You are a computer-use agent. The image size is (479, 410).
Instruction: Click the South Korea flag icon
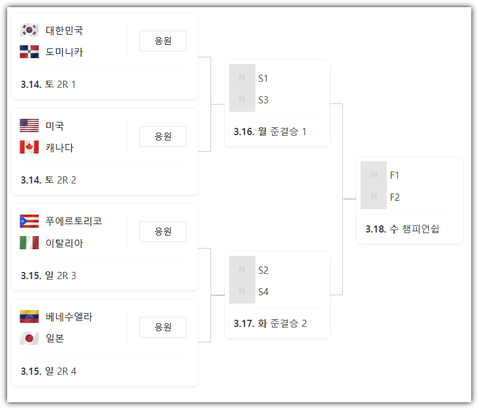pos(29,30)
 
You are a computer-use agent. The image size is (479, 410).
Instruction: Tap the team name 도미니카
pos(64,52)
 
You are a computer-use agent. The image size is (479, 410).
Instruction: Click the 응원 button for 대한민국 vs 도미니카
pos(163,41)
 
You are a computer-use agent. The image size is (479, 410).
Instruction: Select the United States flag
pos(29,126)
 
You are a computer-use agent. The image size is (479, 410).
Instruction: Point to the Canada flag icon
pos(29,147)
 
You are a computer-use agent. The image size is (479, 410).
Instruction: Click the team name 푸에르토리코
pos(74,221)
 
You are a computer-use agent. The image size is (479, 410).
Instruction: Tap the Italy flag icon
pos(29,243)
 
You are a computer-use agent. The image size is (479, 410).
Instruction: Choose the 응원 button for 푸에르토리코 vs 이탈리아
pos(163,231)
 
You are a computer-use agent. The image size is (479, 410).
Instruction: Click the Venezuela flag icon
pos(29,317)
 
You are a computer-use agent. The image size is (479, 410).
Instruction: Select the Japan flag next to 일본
pos(29,338)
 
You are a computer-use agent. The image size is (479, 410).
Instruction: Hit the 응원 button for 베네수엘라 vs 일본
pos(163,327)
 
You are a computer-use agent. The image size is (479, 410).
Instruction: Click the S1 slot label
pos(263,78)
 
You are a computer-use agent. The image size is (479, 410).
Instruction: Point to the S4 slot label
pos(263,292)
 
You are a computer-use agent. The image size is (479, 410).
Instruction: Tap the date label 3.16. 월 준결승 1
pos(270,131)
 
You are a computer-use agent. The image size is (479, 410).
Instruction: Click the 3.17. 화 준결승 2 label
pos(270,323)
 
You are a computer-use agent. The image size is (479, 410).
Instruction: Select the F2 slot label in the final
pos(395,197)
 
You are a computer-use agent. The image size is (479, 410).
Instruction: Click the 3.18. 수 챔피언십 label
pos(402,229)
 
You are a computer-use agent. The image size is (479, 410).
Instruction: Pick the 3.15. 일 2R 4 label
pos(48,371)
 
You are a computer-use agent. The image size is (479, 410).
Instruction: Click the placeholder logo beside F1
pos(374,175)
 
